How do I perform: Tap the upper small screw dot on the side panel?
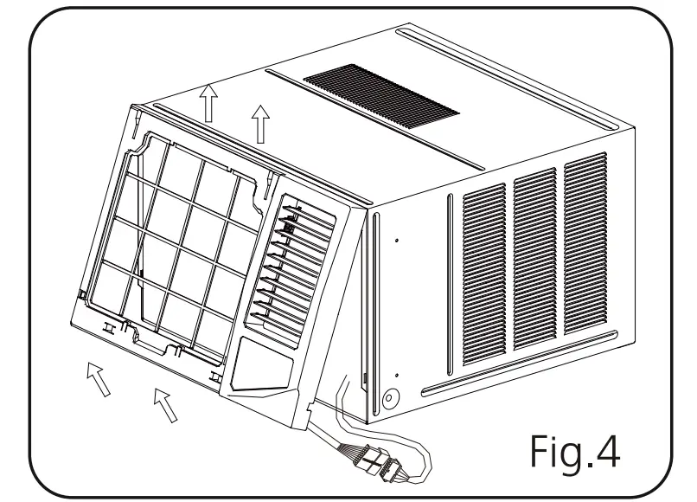tap(395, 241)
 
